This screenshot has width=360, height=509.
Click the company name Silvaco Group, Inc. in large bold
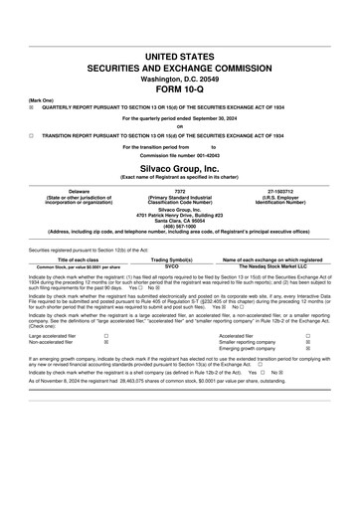(x=179, y=168)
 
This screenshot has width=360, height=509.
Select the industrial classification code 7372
(x=179, y=189)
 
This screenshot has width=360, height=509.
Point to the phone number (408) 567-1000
(x=179, y=224)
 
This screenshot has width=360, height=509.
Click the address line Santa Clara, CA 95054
(x=179, y=218)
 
